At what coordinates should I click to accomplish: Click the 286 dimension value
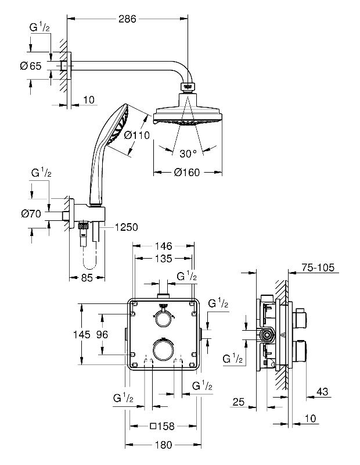click(127, 19)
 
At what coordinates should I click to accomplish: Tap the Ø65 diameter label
click(31, 66)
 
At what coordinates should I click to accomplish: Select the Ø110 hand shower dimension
click(137, 135)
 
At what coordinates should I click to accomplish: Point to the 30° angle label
click(188, 153)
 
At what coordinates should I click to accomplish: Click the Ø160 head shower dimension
click(187, 172)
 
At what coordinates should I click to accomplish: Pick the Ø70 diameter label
click(31, 213)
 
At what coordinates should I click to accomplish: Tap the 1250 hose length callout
click(126, 227)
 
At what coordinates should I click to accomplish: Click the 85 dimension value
click(87, 278)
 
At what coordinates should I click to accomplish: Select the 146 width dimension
click(164, 246)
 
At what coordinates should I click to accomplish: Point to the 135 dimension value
click(164, 259)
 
